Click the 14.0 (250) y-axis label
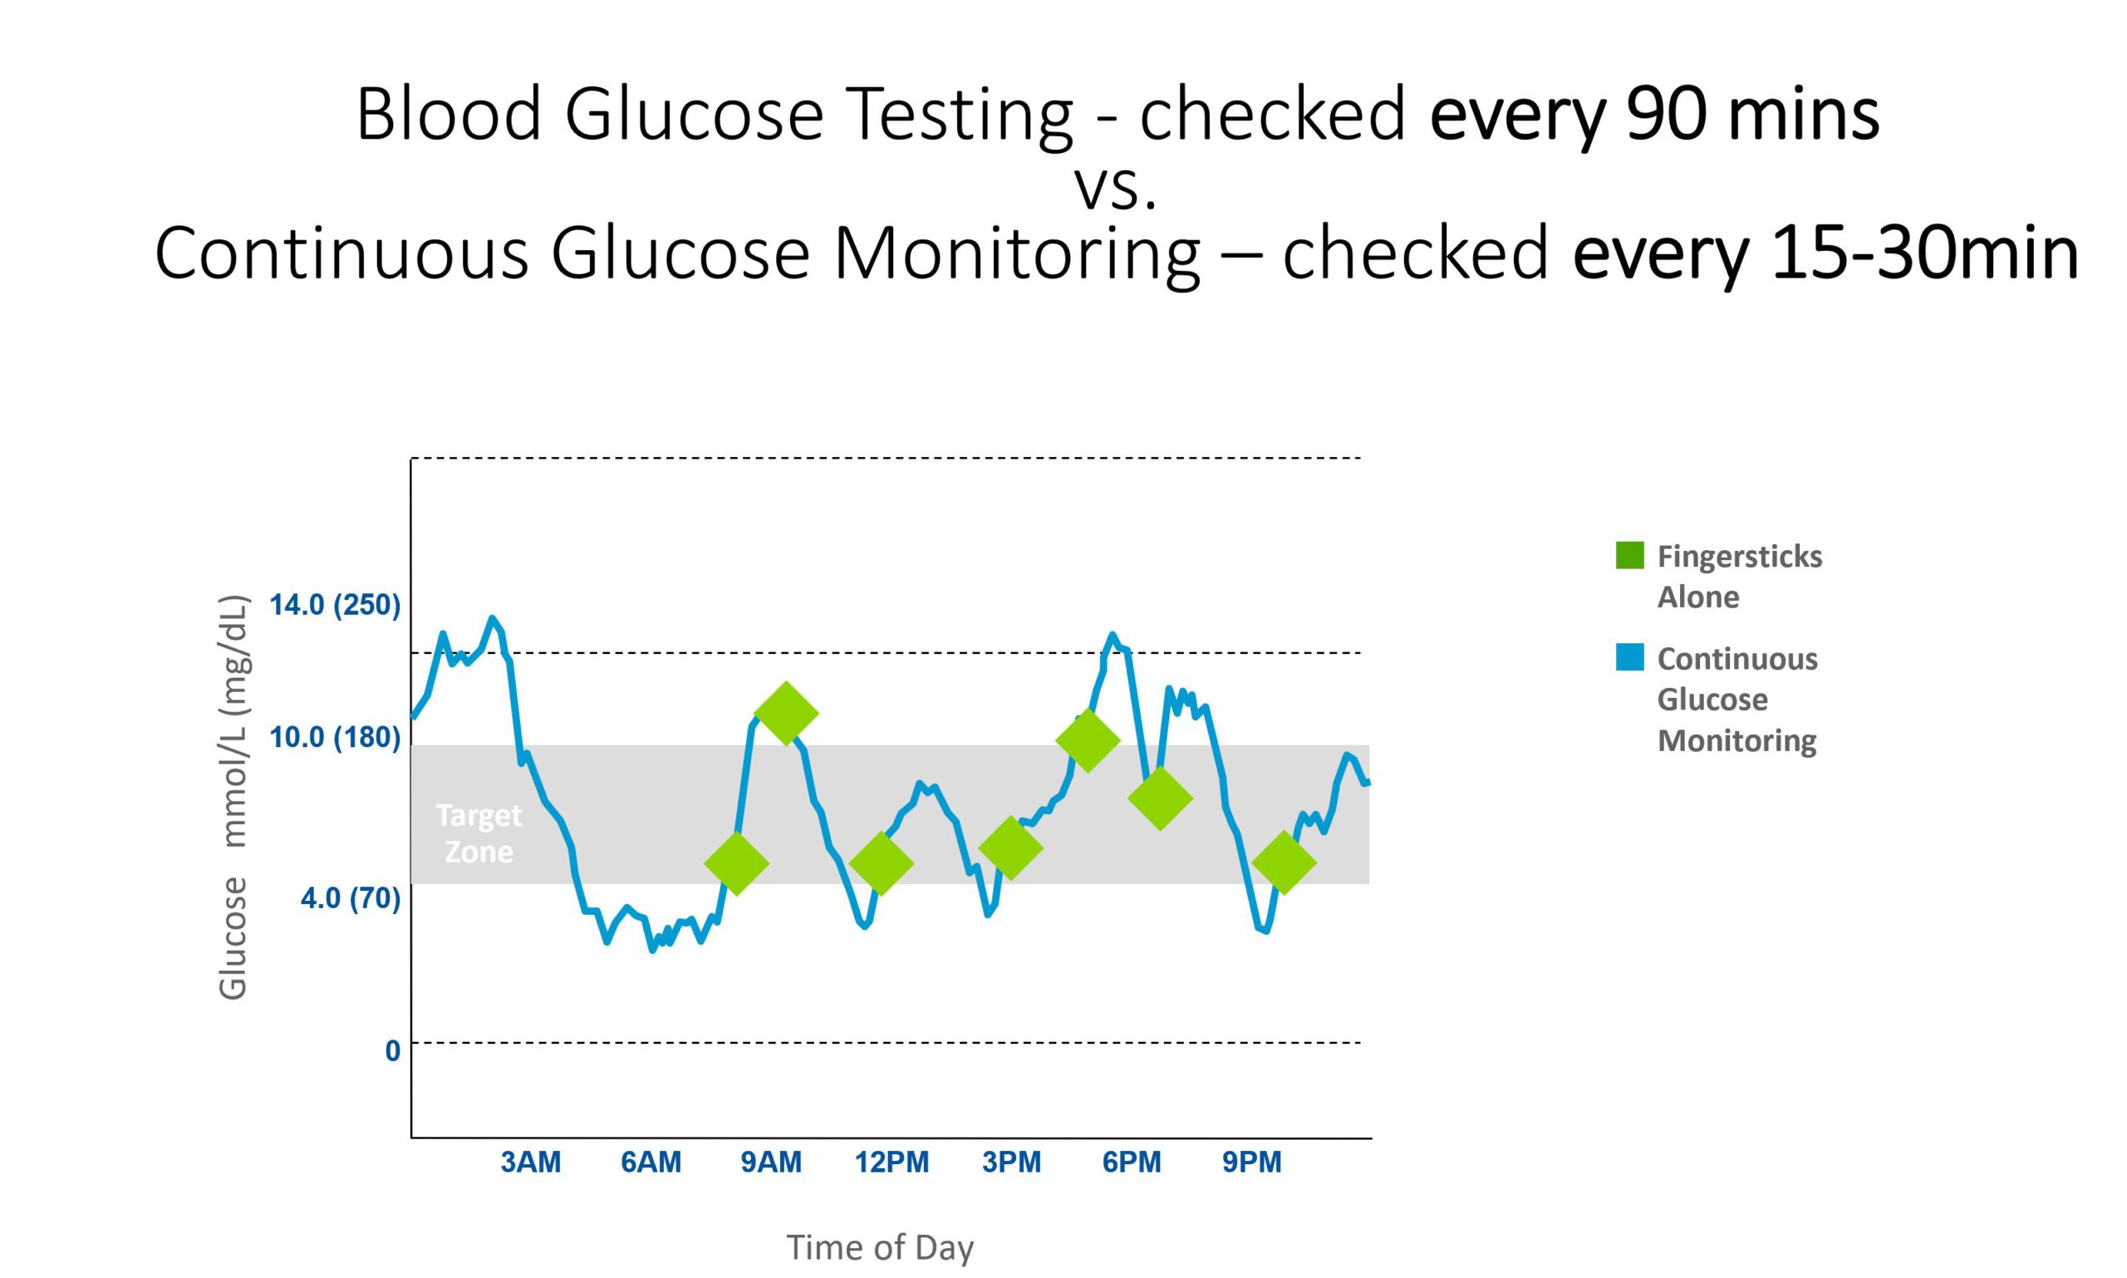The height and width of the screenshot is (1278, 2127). pos(334,605)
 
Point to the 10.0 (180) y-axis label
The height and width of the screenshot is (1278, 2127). pos(334,737)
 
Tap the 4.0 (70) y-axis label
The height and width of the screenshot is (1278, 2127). pos(350,898)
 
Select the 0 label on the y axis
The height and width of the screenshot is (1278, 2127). pos(392,1050)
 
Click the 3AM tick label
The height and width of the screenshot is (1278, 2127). pos(530,1162)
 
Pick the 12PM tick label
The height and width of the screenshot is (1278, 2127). pos(892,1162)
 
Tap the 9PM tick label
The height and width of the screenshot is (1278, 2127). pos(1251,1162)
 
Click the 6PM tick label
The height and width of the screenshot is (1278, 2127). pos(1132,1162)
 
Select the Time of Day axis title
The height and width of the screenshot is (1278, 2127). pos(879,1247)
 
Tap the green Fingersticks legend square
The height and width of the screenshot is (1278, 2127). pos(1629,555)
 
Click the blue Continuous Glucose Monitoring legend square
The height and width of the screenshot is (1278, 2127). pos(1629,657)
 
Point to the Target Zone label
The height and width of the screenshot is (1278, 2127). pos(479,833)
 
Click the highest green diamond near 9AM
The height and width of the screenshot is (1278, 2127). pos(785,713)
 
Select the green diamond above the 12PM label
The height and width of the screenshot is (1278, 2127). pos(880,862)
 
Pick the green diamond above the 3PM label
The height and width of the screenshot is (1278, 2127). pos(1011,848)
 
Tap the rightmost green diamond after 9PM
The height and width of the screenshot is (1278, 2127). pos(1283,862)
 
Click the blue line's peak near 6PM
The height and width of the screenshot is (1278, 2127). pos(1113,637)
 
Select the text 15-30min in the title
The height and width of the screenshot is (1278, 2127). pos(1924,254)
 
